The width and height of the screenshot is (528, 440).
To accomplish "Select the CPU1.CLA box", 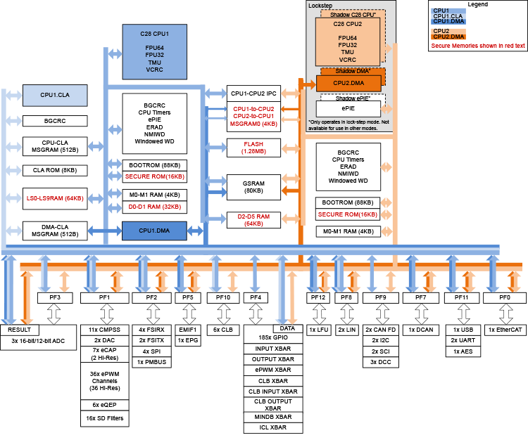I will tap(55, 94).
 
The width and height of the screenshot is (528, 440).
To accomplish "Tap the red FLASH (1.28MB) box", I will tap(253, 147).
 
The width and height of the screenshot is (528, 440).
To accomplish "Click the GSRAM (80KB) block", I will tap(253, 186).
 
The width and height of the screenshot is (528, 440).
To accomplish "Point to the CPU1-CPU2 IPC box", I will tap(253, 93).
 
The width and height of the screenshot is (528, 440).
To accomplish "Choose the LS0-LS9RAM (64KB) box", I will tap(55, 199).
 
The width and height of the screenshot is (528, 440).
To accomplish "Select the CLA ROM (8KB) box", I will tap(55, 170).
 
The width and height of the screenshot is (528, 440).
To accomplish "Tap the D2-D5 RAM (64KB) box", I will tap(253, 220).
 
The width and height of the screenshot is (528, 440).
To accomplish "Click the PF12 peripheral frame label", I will tap(318, 298).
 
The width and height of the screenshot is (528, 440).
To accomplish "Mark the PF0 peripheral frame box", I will tap(504, 298).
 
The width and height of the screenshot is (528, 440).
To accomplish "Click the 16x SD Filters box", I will tap(104, 418).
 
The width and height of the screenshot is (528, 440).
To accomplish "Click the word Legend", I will tap(477, 4).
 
